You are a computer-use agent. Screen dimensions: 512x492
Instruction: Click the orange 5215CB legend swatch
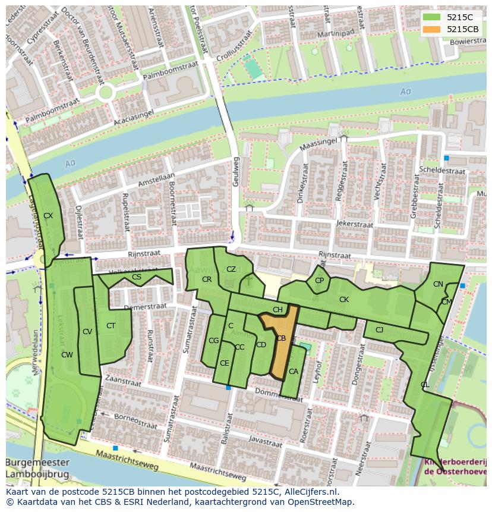pos(432,29)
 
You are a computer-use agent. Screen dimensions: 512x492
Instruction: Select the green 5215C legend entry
pos(432,17)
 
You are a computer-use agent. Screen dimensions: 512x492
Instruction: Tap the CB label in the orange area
pos(281,338)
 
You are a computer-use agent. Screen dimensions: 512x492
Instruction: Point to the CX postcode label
pos(48,216)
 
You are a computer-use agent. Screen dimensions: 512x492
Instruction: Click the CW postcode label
pos(67,355)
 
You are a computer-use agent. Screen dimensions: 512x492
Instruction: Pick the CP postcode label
pos(319,281)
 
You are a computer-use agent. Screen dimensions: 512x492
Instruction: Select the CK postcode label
pos(343,300)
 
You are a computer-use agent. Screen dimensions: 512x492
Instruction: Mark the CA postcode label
pos(293,372)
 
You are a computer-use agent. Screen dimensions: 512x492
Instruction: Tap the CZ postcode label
pos(231,269)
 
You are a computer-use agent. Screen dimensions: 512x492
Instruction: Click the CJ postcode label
pos(379,329)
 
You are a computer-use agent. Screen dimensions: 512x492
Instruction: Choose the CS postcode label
pos(137,277)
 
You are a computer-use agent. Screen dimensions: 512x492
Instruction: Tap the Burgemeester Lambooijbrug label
pos(37,469)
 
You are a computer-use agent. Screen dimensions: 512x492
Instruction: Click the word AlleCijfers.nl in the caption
pos(309,492)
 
